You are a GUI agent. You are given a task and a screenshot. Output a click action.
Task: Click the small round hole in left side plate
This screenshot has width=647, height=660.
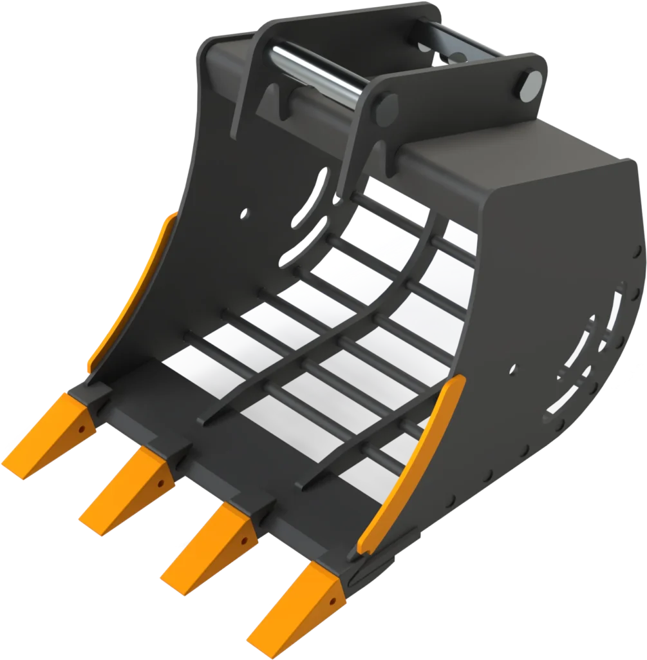pos(245,212)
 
